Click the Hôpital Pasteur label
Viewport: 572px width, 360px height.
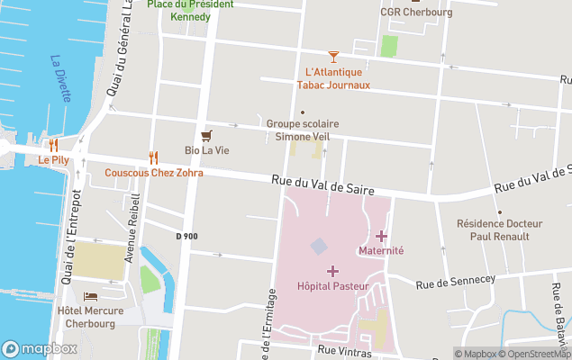coord(331,289)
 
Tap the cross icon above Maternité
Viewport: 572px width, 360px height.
coord(381,236)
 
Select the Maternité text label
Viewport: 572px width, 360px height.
coord(381,250)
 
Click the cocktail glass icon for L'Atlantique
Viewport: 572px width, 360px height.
coord(333,57)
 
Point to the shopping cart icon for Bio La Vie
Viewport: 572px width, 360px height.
coord(207,135)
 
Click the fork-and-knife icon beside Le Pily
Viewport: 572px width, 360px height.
coord(54,144)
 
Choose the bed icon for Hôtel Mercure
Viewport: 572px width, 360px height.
coord(89,297)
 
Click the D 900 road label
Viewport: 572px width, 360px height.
coord(186,237)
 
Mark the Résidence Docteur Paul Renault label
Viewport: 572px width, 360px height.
coord(499,229)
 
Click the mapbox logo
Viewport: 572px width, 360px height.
coord(40,348)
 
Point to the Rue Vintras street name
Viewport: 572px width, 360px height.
coord(344,351)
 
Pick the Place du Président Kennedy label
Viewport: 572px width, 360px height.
coord(191,10)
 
